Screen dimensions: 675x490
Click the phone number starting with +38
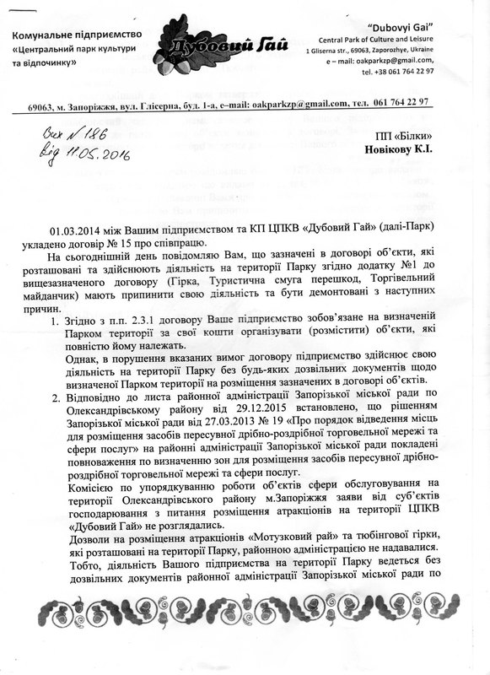(x=397, y=72)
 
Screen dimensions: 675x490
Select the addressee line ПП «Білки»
(x=404, y=135)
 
